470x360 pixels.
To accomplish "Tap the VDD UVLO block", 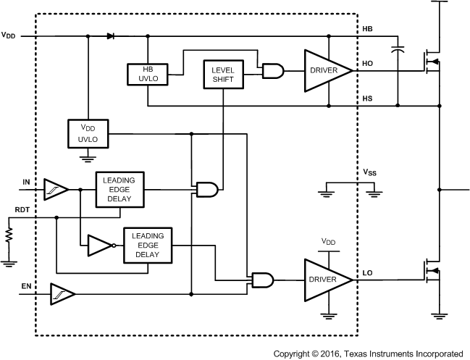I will (x=87, y=133).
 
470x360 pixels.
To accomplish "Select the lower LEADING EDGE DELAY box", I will (x=148, y=246).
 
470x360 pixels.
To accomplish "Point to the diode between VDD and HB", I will (x=110, y=35).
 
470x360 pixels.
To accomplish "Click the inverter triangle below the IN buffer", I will (x=98, y=246).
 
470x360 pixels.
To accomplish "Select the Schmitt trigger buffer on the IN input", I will (x=56, y=189).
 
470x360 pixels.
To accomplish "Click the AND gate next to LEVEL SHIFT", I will (x=272, y=70).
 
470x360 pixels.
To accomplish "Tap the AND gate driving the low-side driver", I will (x=261, y=279).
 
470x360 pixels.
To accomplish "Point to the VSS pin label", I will (x=370, y=172).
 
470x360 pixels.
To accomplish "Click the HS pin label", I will (x=367, y=96).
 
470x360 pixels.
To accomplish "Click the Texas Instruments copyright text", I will (x=368, y=353).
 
